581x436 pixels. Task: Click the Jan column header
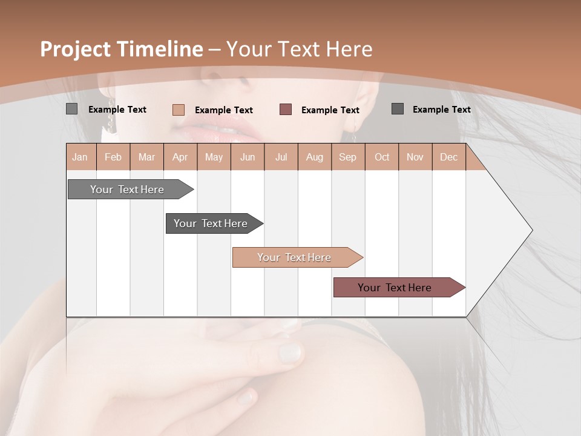pos(80,157)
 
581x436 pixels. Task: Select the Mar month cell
pos(146,157)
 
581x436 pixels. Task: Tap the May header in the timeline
pos(214,157)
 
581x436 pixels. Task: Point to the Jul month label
pos(281,157)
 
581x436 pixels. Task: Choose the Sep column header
pos(347,157)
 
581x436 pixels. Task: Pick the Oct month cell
pos(382,157)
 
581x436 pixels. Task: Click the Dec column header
pos(448,157)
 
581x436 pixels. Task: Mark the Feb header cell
pos(113,157)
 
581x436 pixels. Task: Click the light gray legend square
pos(71,109)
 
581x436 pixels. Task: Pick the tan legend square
pos(178,110)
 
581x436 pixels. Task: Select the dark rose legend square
pos(286,109)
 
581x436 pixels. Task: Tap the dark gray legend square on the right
pos(398,109)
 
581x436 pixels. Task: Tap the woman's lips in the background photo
pos(209,126)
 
